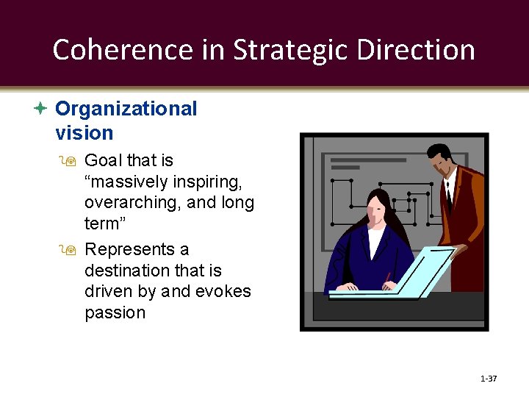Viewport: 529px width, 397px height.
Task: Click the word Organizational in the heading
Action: pos(126,109)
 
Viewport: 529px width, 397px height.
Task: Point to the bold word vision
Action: pos(84,133)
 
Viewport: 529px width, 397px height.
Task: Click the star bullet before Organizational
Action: pos(41,109)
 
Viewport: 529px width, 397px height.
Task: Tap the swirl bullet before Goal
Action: pos(71,161)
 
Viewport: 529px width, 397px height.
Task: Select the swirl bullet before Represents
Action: pos(71,251)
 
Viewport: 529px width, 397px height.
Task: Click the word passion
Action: pos(115,312)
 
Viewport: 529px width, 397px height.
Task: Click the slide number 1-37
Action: pos(489,379)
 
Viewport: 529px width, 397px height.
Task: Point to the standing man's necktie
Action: pos(448,194)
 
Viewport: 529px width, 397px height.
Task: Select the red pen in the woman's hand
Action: pos(387,279)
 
